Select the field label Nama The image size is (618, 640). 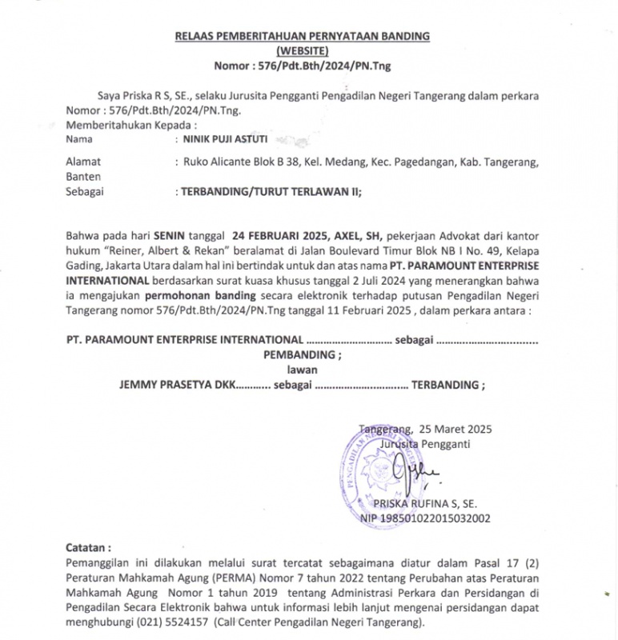click(79, 138)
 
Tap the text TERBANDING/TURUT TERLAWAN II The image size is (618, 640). click(271, 191)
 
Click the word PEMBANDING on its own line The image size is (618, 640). click(302, 354)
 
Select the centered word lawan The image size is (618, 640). click(303, 369)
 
